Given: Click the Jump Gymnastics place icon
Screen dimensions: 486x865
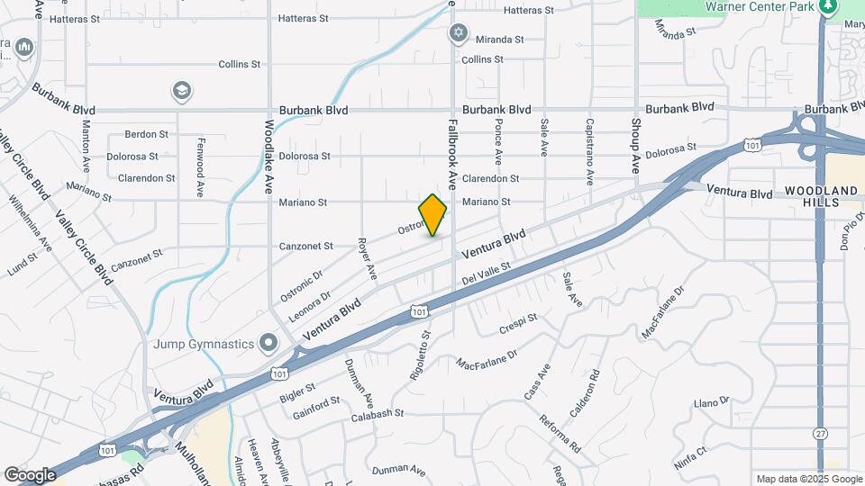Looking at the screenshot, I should click(x=268, y=342).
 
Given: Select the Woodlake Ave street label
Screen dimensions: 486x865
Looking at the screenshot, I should click(x=269, y=157).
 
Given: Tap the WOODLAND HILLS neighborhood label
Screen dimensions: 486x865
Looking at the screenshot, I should click(x=821, y=198).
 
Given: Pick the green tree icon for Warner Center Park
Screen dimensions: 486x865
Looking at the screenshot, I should click(x=828, y=7).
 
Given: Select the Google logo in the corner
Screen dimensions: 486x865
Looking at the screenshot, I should click(x=30, y=474).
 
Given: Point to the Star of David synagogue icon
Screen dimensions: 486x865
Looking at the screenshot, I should click(x=459, y=33).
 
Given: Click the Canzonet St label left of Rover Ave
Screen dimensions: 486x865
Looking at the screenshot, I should click(x=305, y=246).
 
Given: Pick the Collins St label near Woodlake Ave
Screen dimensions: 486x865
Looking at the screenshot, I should click(x=240, y=65).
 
